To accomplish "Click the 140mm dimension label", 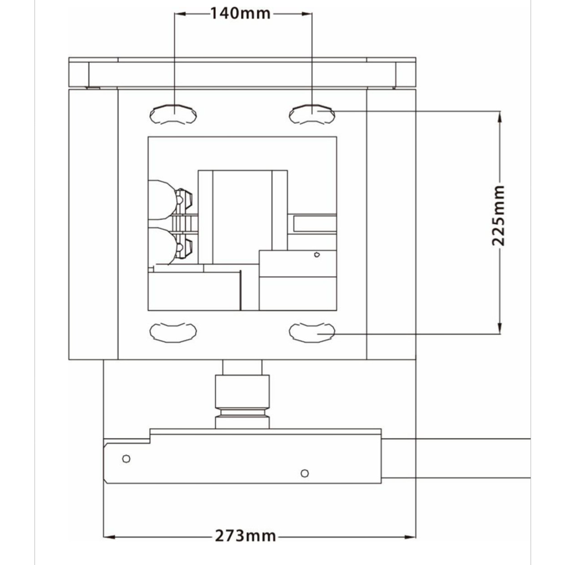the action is [x=240, y=14].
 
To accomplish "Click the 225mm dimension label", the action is [x=499, y=215].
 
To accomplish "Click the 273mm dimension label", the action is [x=245, y=536].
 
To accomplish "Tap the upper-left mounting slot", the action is [x=173, y=114].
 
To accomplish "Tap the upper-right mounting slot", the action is [x=312, y=114].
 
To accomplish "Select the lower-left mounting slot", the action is [x=173, y=332].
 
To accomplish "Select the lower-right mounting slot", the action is [x=312, y=332].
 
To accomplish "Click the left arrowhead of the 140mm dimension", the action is [x=180, y=14].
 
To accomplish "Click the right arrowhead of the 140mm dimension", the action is [x=307, y=14].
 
